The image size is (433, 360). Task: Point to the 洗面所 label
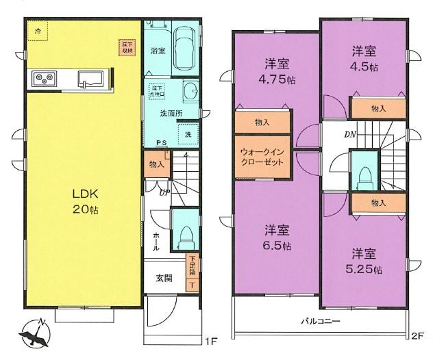point(171,112)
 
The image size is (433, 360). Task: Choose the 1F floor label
point(210,337)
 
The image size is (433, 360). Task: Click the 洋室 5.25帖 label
point(364,258)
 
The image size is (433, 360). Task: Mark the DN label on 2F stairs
point(350,134)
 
